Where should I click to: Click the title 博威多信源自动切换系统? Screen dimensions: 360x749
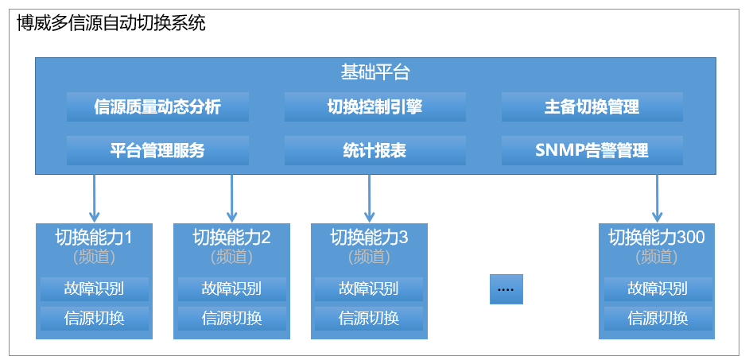(111, 23)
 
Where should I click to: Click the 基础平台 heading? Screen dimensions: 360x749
(375, 73)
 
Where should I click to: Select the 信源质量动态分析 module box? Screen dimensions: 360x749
(157, 107)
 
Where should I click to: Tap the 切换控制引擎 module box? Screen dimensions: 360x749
(374, 107)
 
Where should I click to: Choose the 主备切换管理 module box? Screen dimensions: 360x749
(592, 107)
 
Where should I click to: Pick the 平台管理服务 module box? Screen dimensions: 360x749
(157, 150)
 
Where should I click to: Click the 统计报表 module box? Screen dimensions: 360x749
(374, 150)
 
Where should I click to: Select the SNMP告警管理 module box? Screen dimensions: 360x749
(592, 150)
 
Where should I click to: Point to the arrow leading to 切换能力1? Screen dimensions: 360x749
(95, 197)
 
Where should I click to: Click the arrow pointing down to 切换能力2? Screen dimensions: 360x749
(232, 197)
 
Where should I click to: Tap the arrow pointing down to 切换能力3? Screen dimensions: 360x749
(370, 197)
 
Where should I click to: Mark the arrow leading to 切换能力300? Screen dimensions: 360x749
(658, 197)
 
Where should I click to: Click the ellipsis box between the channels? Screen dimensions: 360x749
(506, 289)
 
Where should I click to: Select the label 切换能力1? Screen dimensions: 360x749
(94, 237)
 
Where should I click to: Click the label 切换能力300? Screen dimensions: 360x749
(657, 237)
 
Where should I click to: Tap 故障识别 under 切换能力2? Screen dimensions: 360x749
(231, 288)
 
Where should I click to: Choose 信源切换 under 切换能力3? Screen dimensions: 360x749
(369, 319)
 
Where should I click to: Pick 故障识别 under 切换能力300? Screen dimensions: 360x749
(658, 288)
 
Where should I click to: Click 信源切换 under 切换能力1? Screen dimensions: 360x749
(94, 319)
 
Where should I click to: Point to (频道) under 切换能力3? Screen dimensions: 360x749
(369, 257)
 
